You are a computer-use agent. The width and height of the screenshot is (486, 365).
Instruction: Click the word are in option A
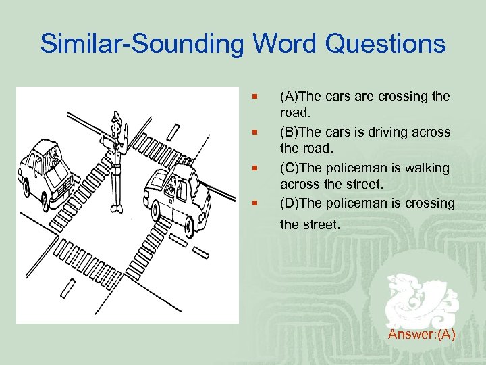364,97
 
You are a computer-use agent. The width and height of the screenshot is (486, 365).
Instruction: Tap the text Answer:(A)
422,334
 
